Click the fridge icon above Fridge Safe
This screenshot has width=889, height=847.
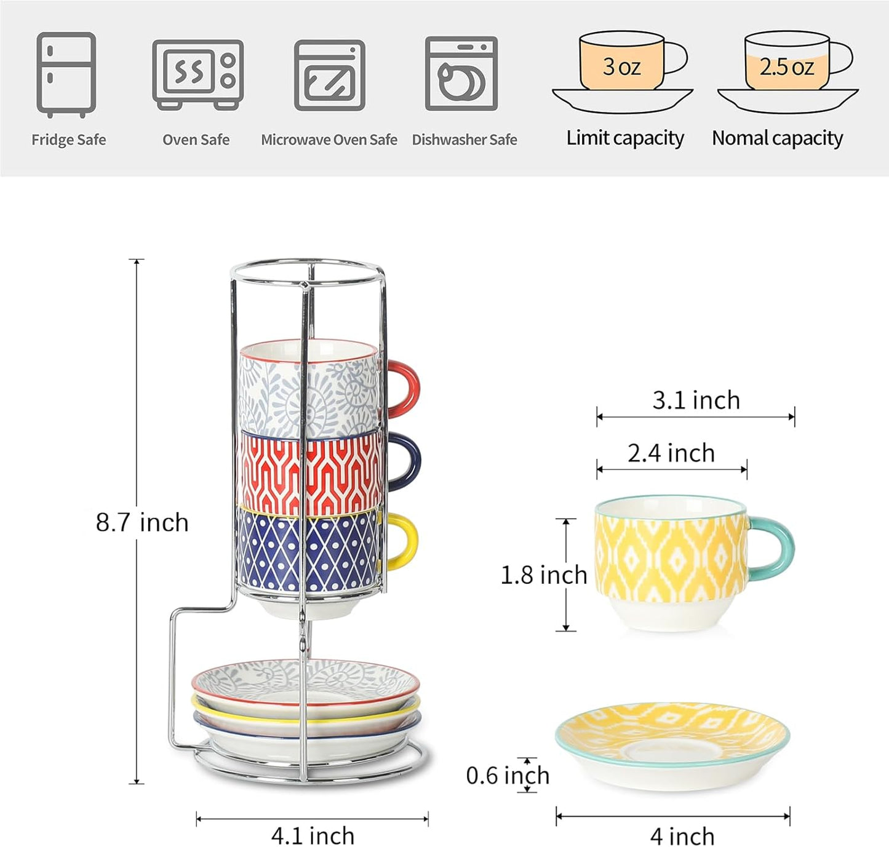pyautogui.click(x=66, y=74)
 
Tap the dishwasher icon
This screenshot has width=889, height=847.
pyautogui.click(x=461, y=74)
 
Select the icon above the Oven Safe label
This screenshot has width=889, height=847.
pyautogui.click(x=197, y=74)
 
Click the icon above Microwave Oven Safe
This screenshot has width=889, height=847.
pyautogui.click(x=329, y=75)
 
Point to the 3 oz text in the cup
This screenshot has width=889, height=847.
pyautogui.click(x=621, y=66)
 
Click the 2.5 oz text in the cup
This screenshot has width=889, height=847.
pyautogui.click(x=786, y=67)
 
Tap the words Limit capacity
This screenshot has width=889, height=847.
pyautogui.click(x=625, y=138)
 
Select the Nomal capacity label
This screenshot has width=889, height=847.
pyautogui.click(x=777, y=138)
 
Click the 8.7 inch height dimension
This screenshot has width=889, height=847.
pyautogui.click(x=142, y=522)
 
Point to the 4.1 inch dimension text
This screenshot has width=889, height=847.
pyautogui.click(x=313, y=835)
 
